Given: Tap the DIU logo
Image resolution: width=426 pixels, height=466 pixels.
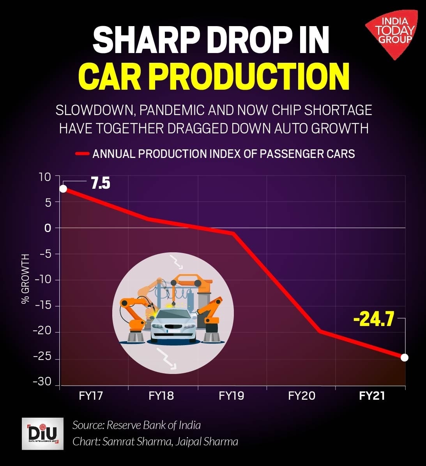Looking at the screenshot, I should click(x=42, y=433).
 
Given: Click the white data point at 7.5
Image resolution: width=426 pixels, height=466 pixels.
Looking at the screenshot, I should click(x=63, y=189).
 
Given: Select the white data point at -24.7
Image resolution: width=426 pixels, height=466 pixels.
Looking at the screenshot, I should click(x=405, y=357).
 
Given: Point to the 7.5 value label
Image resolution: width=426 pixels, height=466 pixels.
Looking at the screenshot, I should click(x=101, y=183).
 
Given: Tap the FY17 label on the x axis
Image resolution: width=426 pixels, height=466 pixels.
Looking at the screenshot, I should click(x=91, y=396).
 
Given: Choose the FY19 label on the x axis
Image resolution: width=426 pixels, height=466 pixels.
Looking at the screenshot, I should click(x=232, y=396).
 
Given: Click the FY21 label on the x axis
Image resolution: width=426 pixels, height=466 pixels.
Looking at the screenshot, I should click(x=372, y=396).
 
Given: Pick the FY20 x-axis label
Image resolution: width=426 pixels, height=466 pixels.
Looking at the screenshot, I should click(x=302, y=396).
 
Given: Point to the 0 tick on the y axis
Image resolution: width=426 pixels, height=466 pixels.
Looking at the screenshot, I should click(x=48, y=228).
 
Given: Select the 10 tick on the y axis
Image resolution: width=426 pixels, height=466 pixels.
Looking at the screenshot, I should click(x=45, y=177).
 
